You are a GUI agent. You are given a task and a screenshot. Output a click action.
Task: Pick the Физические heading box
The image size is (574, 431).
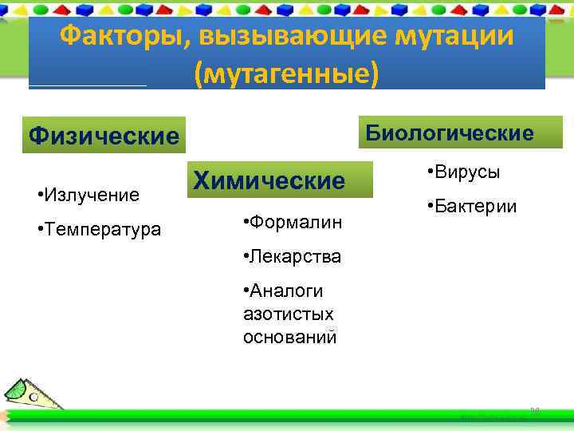(x=104, y=135)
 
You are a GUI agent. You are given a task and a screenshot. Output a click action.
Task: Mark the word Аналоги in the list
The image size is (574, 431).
(x=293, y=291)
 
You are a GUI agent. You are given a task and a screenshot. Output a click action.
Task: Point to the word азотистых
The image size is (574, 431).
(x=288, y=314)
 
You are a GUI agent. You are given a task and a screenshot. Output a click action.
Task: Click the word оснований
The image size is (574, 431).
(x=290, y=337)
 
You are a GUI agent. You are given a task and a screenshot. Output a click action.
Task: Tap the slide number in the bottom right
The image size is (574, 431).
(x=535, y=410)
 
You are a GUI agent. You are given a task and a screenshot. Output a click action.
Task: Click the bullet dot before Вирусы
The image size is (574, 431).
(x=430, y=172)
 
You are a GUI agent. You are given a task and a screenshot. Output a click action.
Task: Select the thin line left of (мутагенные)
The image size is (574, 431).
(x=88, y=85)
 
